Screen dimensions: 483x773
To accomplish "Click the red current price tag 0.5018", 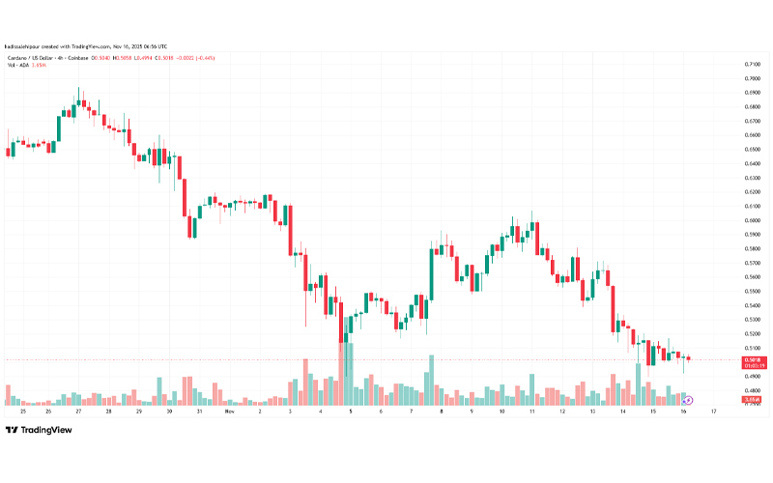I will [750, 359].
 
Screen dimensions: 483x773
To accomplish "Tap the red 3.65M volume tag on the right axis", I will [750, 399].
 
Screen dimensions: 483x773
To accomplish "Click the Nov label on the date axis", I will [229, 411].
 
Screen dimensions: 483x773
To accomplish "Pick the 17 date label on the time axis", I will [713, 411].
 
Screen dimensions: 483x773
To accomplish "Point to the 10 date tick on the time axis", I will [501, 411].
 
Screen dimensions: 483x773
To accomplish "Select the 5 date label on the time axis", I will [350, 411].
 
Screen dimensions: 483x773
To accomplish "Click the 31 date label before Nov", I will [199, 411].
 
